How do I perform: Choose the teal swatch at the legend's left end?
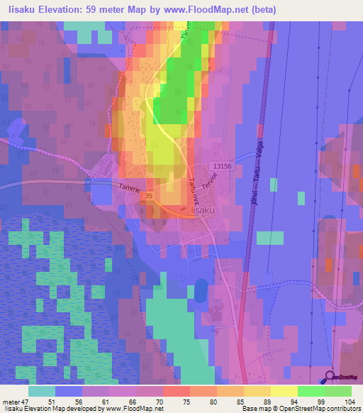point(42,391)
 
